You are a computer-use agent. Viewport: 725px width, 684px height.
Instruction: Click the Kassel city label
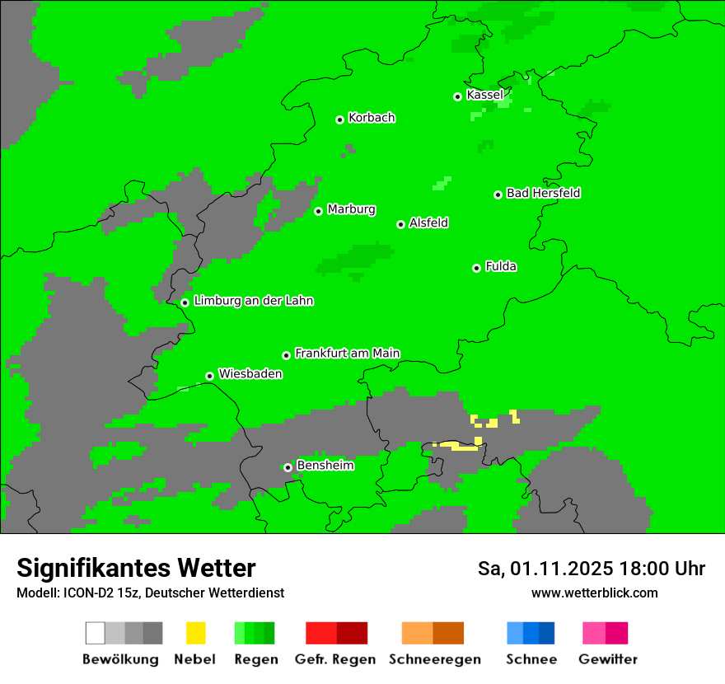pyautogui.click(x=484, y=95)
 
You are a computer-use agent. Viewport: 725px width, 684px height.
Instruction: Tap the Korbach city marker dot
pyautogui.click(x=339, y=119)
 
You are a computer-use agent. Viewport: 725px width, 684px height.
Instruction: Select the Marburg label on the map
pyautogui.click(x=351, y=209)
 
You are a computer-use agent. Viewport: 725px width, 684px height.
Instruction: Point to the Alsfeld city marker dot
pyautogui.click(x=400, y=224)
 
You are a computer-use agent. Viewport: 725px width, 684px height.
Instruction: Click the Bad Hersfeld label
pyautogui.click(x=543, y=193)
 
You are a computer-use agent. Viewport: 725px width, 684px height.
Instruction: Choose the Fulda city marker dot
pyautogui.click(x=476, y=268)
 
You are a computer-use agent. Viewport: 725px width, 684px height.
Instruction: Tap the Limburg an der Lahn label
pyautogui.click(x=253, y=301)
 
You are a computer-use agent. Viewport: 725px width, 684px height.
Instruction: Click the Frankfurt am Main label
pyautogui.click(x=347, y=353)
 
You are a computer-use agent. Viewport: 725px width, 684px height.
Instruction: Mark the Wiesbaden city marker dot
pyautogui.click(x=209, y=376)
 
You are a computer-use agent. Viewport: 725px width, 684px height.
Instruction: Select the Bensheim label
pyautogui.click(x=325, y=466)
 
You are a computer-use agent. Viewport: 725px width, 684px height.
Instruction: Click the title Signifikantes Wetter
pyautogui.click(x=136, y=568)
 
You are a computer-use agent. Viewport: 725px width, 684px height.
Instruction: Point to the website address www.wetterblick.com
pyautogui.click(x=594, y=593)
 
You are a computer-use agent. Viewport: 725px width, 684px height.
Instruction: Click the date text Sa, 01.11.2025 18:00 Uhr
pyautogui.click(x=591, y=569)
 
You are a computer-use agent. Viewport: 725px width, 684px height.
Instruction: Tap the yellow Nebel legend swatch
pyautogui.click(x=195, y=633)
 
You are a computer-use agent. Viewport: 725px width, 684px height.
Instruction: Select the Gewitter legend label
pyautogui.click(x=607, y=659)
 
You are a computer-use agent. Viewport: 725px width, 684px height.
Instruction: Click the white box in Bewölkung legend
pyautogui.click(x=96, y=633)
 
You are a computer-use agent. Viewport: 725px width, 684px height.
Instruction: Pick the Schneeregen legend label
pyautogui.click(x=434, y=659)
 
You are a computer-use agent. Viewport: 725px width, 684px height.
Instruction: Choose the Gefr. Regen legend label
pyautogui.click(x=335, y=659)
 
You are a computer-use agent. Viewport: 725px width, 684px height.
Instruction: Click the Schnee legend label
pyautogui.click(x=531, y=659)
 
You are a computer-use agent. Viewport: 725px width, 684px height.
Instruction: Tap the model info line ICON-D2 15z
pyautogui.click(x=150, y=593)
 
